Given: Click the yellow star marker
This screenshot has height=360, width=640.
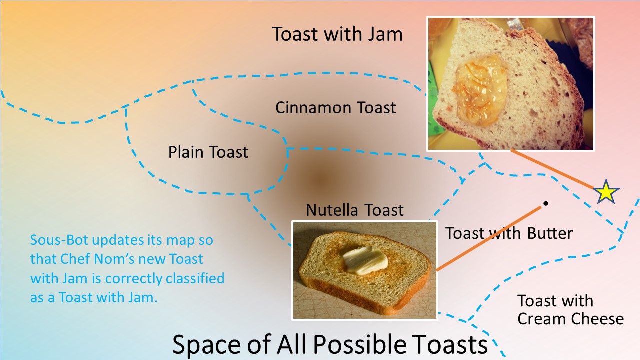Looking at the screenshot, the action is [x=606, y=192].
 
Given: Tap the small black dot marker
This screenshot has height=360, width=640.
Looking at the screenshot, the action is [x=545, y=203].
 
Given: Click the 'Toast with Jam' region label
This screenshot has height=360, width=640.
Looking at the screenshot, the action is [x=337, y=34].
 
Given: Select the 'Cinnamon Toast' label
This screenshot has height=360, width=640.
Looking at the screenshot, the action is [x=335, y=108].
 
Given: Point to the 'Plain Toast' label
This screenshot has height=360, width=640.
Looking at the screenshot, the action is [x=208, y=152].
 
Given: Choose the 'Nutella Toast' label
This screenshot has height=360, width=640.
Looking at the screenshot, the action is [x=355, y=210].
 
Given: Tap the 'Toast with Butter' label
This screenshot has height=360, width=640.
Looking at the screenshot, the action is [x=509, y=233].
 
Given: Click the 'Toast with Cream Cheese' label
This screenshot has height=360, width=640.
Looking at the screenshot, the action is [x=570, y=310].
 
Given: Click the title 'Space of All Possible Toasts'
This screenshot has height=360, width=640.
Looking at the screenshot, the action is [x=330, y=344].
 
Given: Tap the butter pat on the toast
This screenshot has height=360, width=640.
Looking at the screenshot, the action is [x=365, y=260].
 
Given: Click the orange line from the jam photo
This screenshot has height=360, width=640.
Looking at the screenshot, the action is [x=552, y=169].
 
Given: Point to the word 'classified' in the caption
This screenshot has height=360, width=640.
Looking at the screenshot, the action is [x=195, y=278].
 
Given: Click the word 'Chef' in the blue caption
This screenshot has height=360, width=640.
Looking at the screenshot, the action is [x=75, y=259].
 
